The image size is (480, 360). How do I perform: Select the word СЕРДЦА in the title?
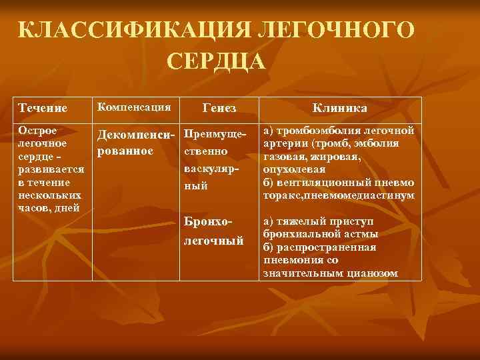click(216, 61)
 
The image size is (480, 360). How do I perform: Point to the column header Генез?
click(219, 107)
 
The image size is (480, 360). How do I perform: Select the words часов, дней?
click(49, 207)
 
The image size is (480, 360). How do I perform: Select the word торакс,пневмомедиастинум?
click(339, 196)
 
